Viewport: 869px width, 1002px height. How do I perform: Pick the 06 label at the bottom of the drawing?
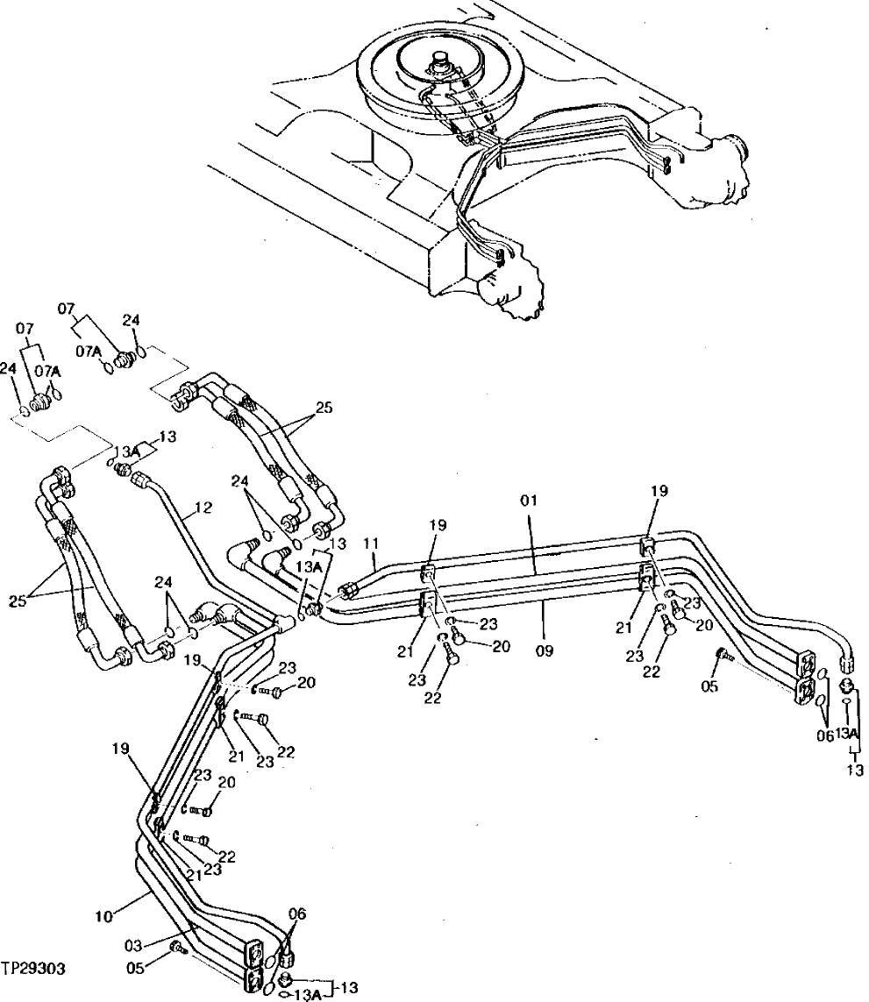click(297, 913)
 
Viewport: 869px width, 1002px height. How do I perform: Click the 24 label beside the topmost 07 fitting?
click(131, 321)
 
